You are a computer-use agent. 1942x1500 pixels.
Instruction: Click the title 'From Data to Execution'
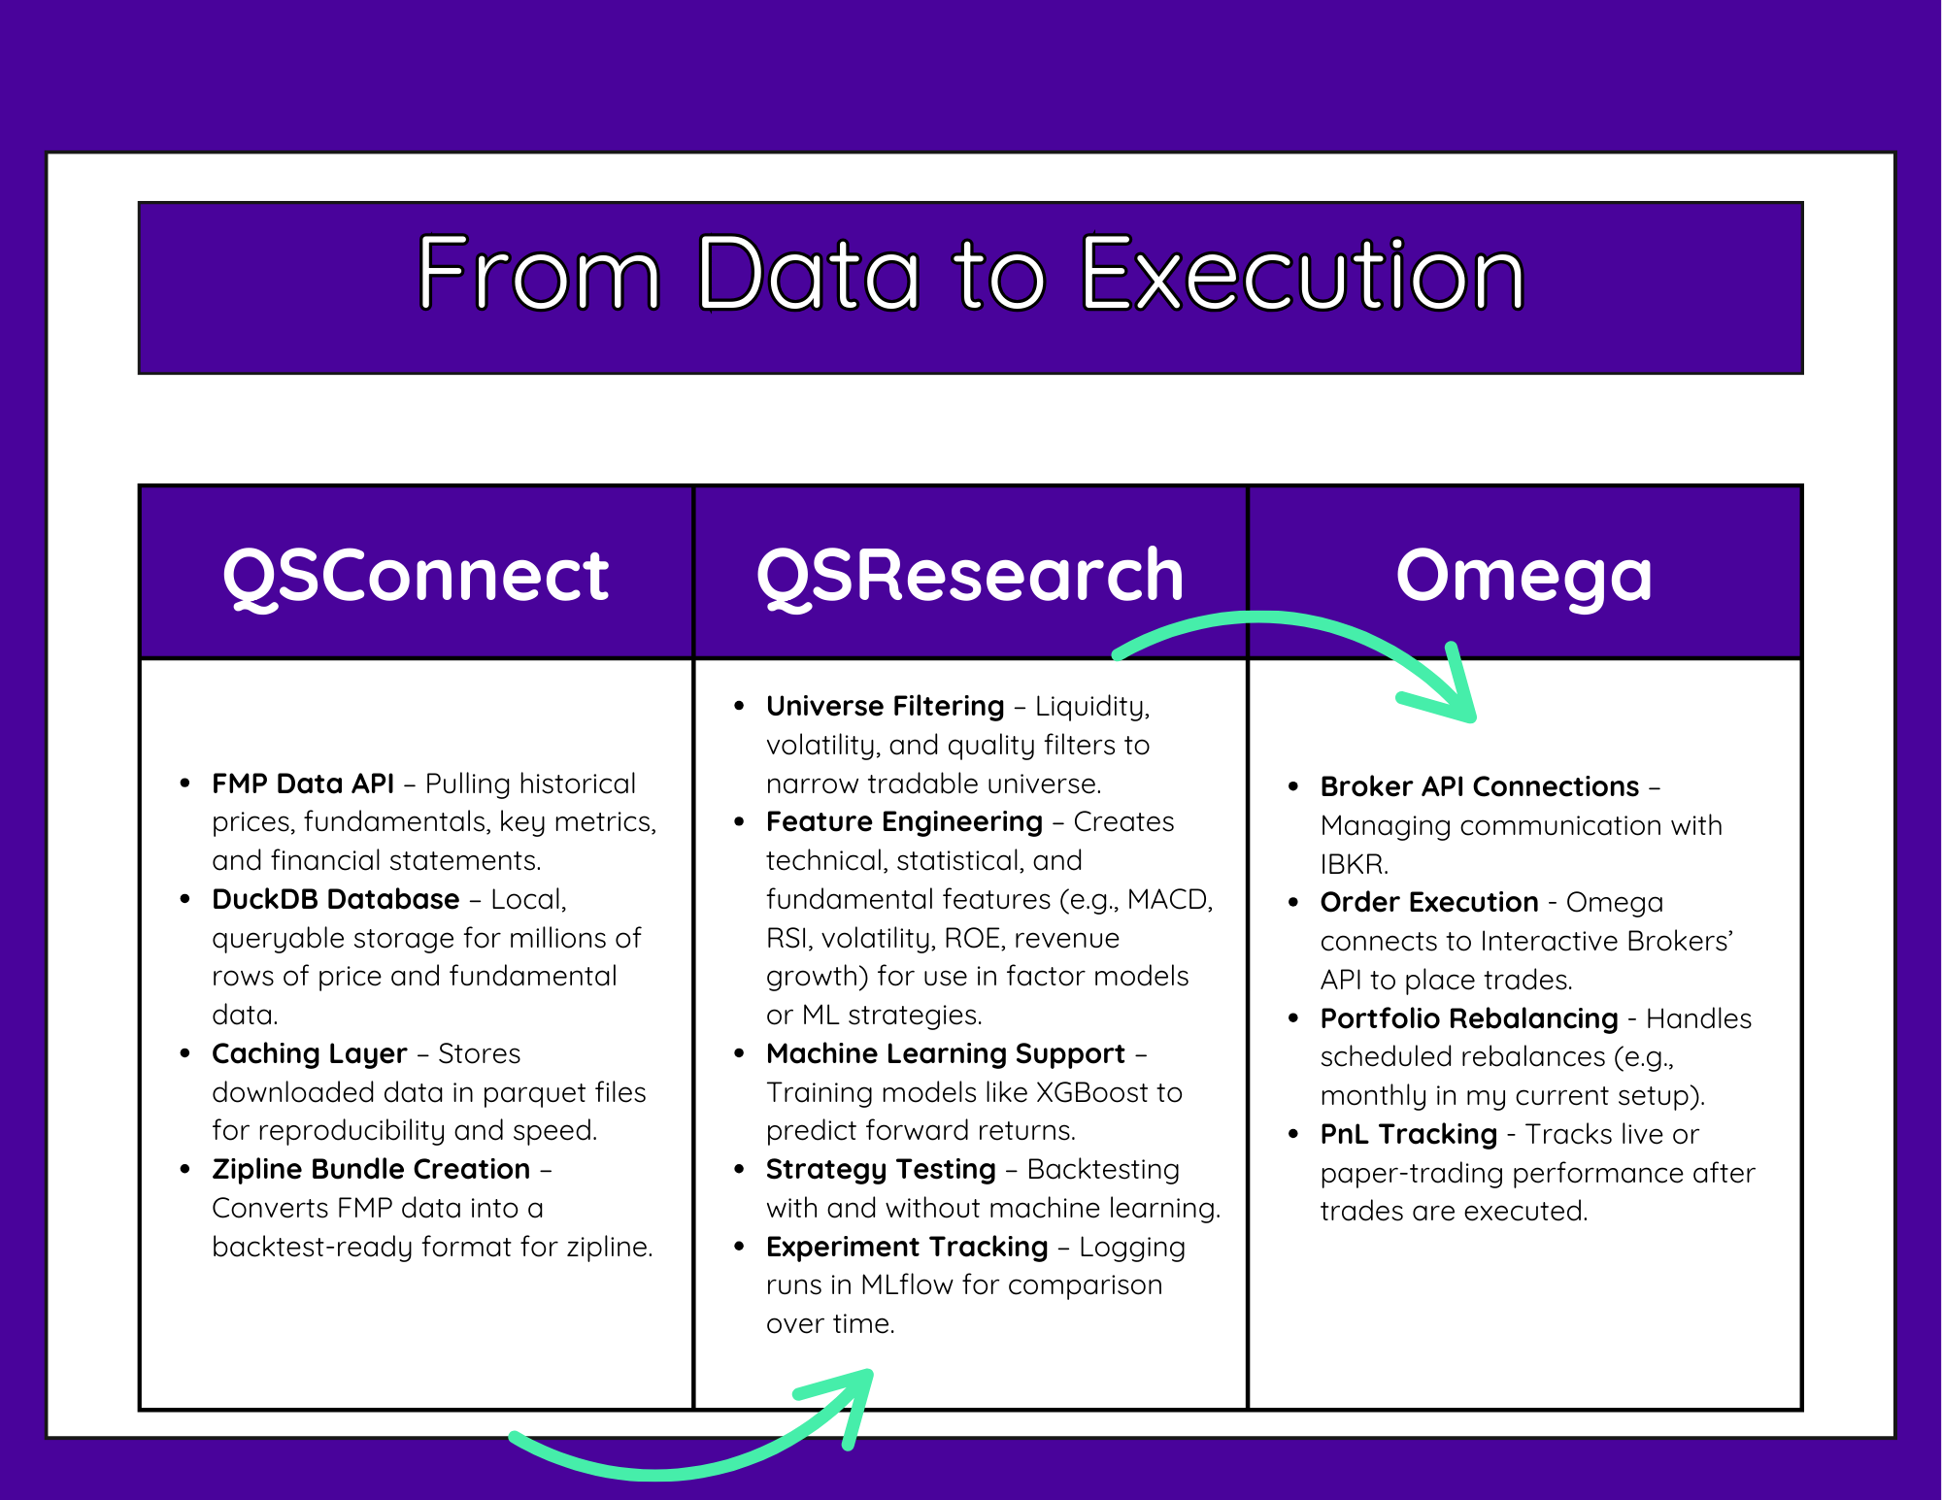[x=971, y=274]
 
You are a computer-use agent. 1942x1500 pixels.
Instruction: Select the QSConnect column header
[x=416, y=575]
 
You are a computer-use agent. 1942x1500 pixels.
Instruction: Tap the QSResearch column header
[x=970, y=575]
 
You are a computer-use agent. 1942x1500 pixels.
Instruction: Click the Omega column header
[x=1523, y=577]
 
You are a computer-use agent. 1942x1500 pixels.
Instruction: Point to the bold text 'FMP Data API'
[x=303, y=783]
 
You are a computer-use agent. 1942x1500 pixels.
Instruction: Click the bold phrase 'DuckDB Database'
[x=335, y=899]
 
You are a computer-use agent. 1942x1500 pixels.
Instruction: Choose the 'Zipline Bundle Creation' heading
[x=371, y=1170]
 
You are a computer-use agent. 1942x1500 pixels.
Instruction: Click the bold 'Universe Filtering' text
[x=885, y=706]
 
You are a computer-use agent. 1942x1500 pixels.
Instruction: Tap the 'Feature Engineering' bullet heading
[x=904, y=822]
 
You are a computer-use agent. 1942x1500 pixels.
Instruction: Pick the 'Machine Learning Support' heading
[x=945, y=1054]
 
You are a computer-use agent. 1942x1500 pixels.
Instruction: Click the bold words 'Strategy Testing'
[x=881, y=1170]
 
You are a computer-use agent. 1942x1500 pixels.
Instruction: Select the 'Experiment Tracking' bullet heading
[x=907, y=1248]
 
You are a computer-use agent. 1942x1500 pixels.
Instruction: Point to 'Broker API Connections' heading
[x=1479, y=786]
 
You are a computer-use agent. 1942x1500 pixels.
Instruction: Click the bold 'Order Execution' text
[x=1429, y=902]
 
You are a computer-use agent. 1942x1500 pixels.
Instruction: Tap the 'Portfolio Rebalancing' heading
[x=1469, y=1019]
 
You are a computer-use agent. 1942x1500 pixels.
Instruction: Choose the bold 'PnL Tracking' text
[x=1409, y=1135]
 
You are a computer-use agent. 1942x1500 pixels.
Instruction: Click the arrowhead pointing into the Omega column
[x=1447, y=691]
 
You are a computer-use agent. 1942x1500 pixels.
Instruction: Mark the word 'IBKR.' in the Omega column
[x=1354, y=864]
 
